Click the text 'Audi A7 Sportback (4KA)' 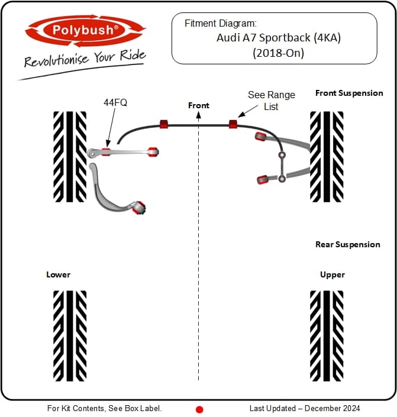(x=274, y=37)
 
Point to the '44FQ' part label (x=115, y=102)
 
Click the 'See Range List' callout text (x=263, y=101)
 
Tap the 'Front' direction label (x=199, y=105)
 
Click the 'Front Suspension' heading (x=349, y=93)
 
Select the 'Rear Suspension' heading (x=348, y=244)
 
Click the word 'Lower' (x=58, y=274)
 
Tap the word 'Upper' (x=332, y=274)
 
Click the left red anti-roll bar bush (x=164, y=124)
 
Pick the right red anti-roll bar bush (x=233, y=124)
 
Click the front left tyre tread (x=70, y=157)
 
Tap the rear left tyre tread (x=70, y=335)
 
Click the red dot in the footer (x=199, y=409)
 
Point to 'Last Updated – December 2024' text (x=304, y=408)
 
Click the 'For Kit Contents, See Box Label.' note (x=104, y=408)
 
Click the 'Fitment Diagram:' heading (x=221, y=24)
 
